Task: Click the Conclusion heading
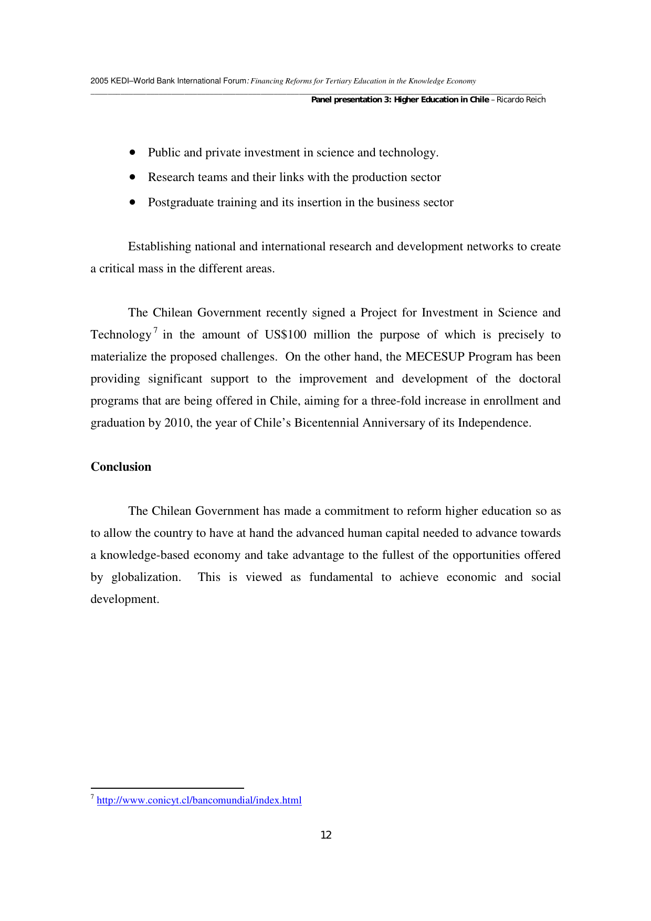coord(121,467)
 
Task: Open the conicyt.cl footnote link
coord(199,800)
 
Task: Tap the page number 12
coord(326,835)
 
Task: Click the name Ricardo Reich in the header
coord(521,100)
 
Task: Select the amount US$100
coord(286,335)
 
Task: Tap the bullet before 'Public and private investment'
coord(132,152)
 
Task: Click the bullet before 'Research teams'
coord(132,177)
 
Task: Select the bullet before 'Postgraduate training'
coord(132,202)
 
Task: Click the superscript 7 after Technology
coord(155,330)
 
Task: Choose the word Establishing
coord(160,247)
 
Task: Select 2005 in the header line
coord(99,81)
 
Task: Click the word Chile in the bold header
coord(479,100)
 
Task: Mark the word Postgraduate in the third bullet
coord(182,203)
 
